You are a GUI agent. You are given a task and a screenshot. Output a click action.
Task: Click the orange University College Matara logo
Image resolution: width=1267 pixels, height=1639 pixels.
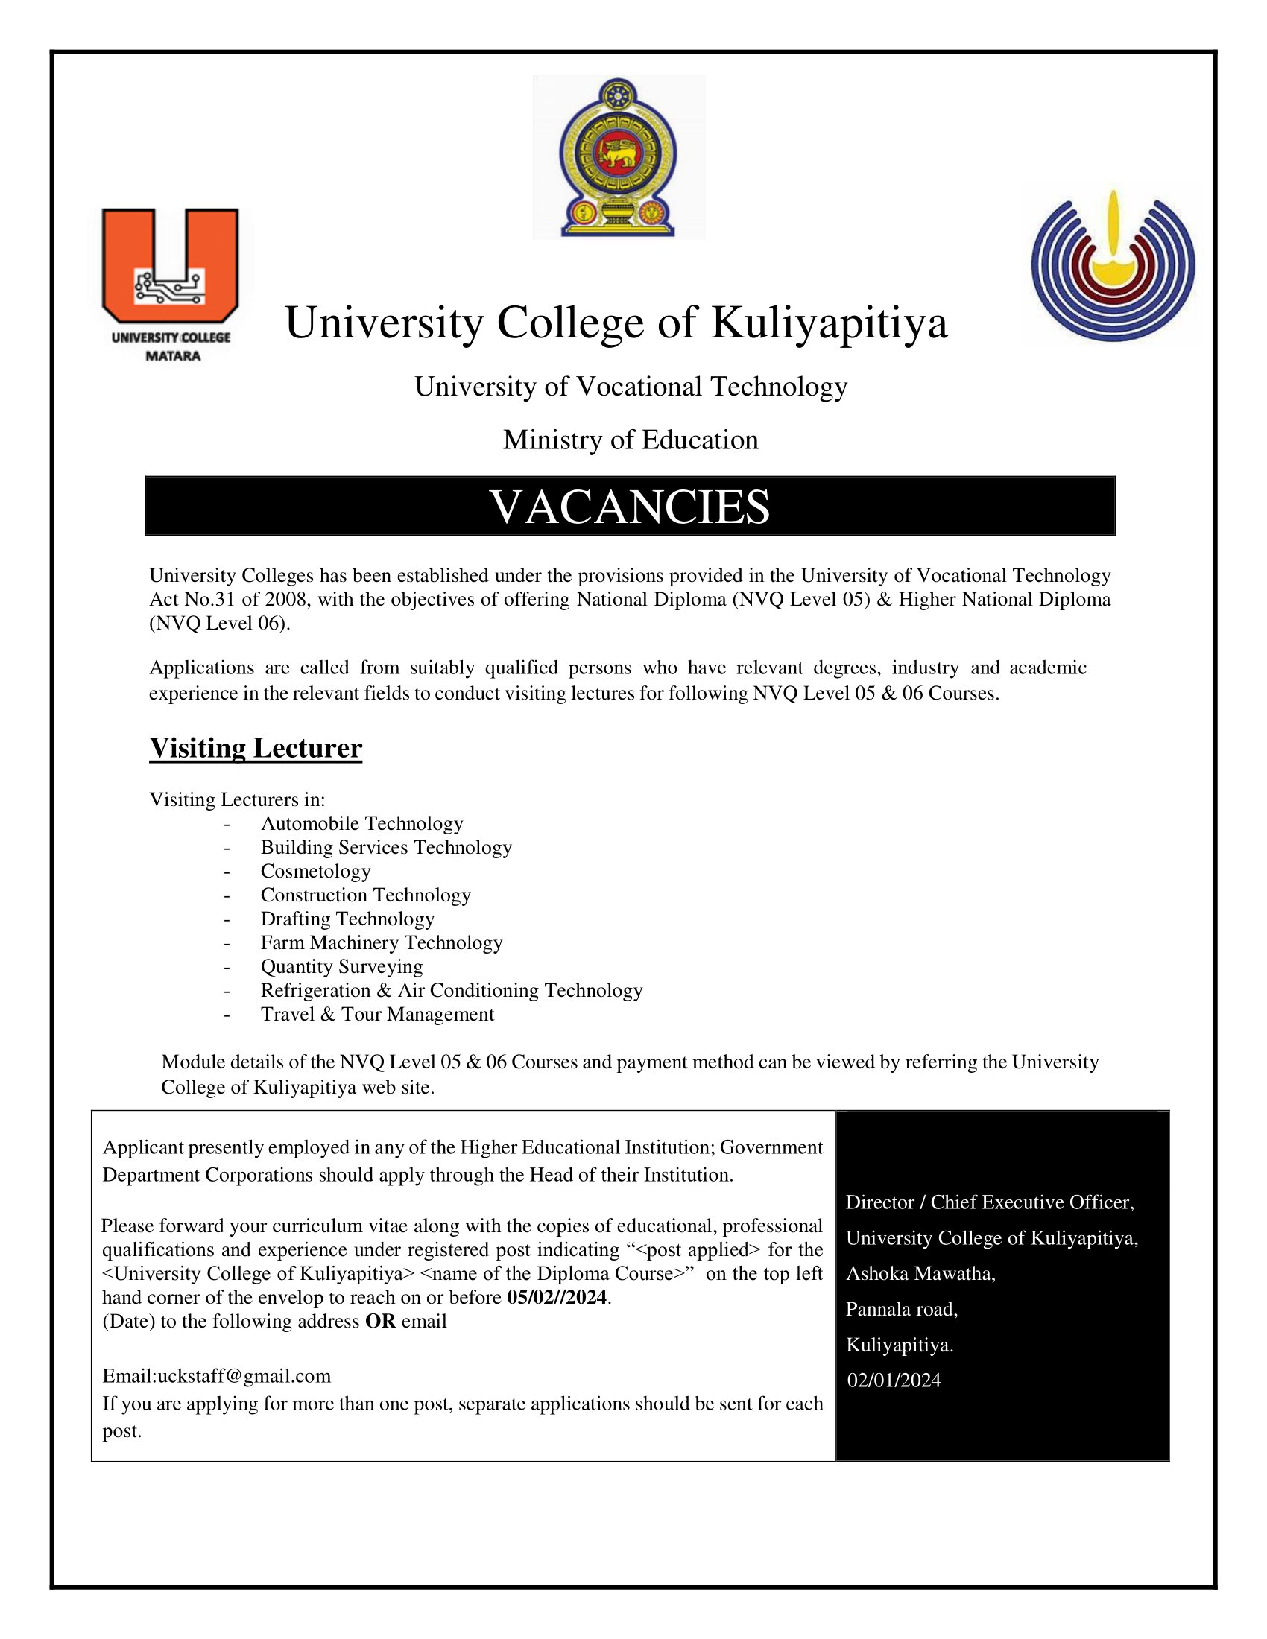[171, 284]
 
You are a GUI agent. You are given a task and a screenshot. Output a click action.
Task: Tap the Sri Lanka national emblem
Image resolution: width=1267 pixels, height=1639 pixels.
[619, 158]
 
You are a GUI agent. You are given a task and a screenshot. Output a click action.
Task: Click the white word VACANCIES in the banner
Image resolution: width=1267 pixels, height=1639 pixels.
[630, 507]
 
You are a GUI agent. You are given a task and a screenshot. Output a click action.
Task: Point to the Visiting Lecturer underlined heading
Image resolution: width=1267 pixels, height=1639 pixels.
[255, 748]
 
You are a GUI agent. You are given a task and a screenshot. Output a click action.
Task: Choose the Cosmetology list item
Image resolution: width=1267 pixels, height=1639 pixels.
[315, 872]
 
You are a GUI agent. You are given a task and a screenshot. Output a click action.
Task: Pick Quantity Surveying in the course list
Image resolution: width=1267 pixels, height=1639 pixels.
[341, 966]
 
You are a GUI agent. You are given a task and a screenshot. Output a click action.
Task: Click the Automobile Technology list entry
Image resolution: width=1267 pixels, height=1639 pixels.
[361, 823]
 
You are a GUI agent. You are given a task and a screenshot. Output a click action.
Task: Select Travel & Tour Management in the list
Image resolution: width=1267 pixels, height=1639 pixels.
[377, 1015]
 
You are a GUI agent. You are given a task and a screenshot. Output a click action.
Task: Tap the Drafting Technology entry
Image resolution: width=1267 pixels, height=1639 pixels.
[347, 919]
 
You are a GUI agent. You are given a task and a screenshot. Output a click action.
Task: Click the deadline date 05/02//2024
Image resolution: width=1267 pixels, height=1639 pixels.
[557, 1298]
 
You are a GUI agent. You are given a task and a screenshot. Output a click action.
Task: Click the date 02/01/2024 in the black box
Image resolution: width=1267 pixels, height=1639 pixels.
[894, 1380]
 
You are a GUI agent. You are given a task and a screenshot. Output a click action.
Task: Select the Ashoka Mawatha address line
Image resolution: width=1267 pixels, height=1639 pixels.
[920, 1273]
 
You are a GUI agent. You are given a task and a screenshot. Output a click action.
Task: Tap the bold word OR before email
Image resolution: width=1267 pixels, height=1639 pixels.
[380, 1322]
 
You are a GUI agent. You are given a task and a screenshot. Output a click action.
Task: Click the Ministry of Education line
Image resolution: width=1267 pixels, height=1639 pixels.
[631, 440]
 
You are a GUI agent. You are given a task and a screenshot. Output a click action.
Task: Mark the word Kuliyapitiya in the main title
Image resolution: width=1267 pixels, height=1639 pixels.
[830, 323]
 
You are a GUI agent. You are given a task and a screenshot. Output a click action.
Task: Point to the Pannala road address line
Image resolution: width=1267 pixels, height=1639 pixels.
[902, 1310]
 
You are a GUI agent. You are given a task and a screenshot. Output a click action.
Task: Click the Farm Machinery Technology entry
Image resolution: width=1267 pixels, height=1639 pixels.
[382, 942]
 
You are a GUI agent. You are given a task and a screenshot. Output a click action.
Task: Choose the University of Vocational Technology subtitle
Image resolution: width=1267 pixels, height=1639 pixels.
[631, 387]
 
